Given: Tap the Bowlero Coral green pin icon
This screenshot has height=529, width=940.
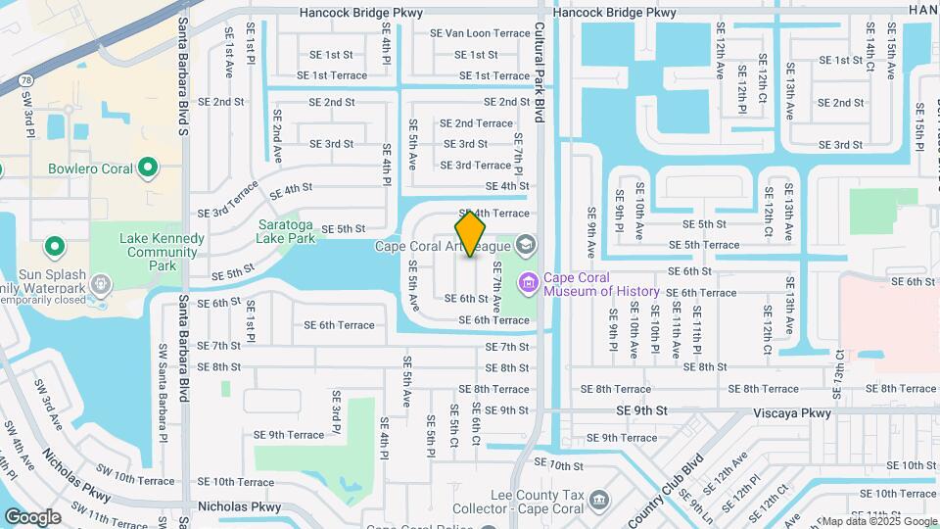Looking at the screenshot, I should pyautogui.click(x=148, y=168).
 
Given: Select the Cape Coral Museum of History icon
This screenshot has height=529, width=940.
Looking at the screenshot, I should pyautogui.click(x=529, y=283).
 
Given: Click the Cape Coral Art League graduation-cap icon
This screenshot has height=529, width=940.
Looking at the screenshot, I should pyautogui.click(x=526, y=245).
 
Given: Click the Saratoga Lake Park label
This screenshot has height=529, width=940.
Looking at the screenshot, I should pyautogui.click(x=286, y=230).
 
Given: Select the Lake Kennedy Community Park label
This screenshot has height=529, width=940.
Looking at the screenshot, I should pyautogui.click(x=162, y=252).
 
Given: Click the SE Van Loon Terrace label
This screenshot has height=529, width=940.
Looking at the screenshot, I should pyautogui.click(x=480, y=32).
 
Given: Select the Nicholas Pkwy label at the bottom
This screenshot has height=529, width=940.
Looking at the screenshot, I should pyautogui.click(x=239, y=507).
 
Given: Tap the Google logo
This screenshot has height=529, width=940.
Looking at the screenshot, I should pyautogui.click(x=32, y=516).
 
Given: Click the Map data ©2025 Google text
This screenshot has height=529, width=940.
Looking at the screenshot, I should pyautogui.click(x=878, y=521).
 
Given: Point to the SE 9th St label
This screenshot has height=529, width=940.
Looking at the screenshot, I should pyautogui.click(x=641, y=411).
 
